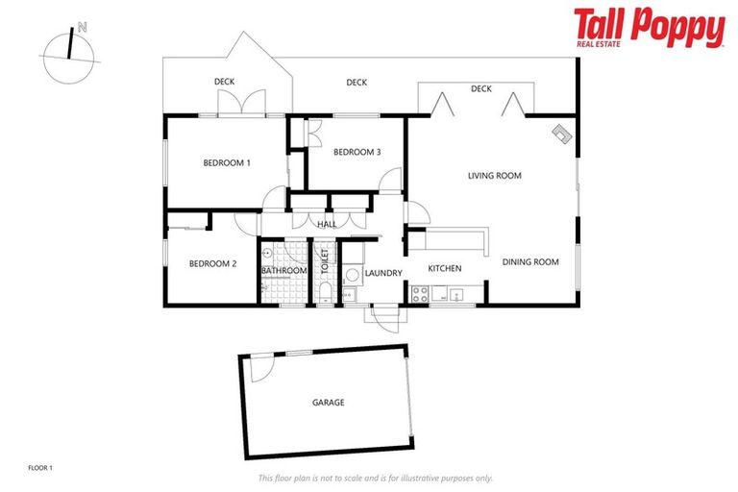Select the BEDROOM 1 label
coord(227,162)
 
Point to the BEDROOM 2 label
coord(212,263)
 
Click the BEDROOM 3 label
coord(357,152)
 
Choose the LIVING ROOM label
coord(494,175)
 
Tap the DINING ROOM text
coord(529,261)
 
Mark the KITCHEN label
coord(445,268)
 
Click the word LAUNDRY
coord(383,274)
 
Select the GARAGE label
coord(328,403)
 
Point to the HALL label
coord(327,224)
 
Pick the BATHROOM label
coord(283,270)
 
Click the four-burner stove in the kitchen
coord(420,294)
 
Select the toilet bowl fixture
coord(325,291)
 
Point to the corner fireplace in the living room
coord(561,135)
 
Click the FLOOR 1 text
coord(40,468)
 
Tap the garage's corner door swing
coord(258,367)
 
